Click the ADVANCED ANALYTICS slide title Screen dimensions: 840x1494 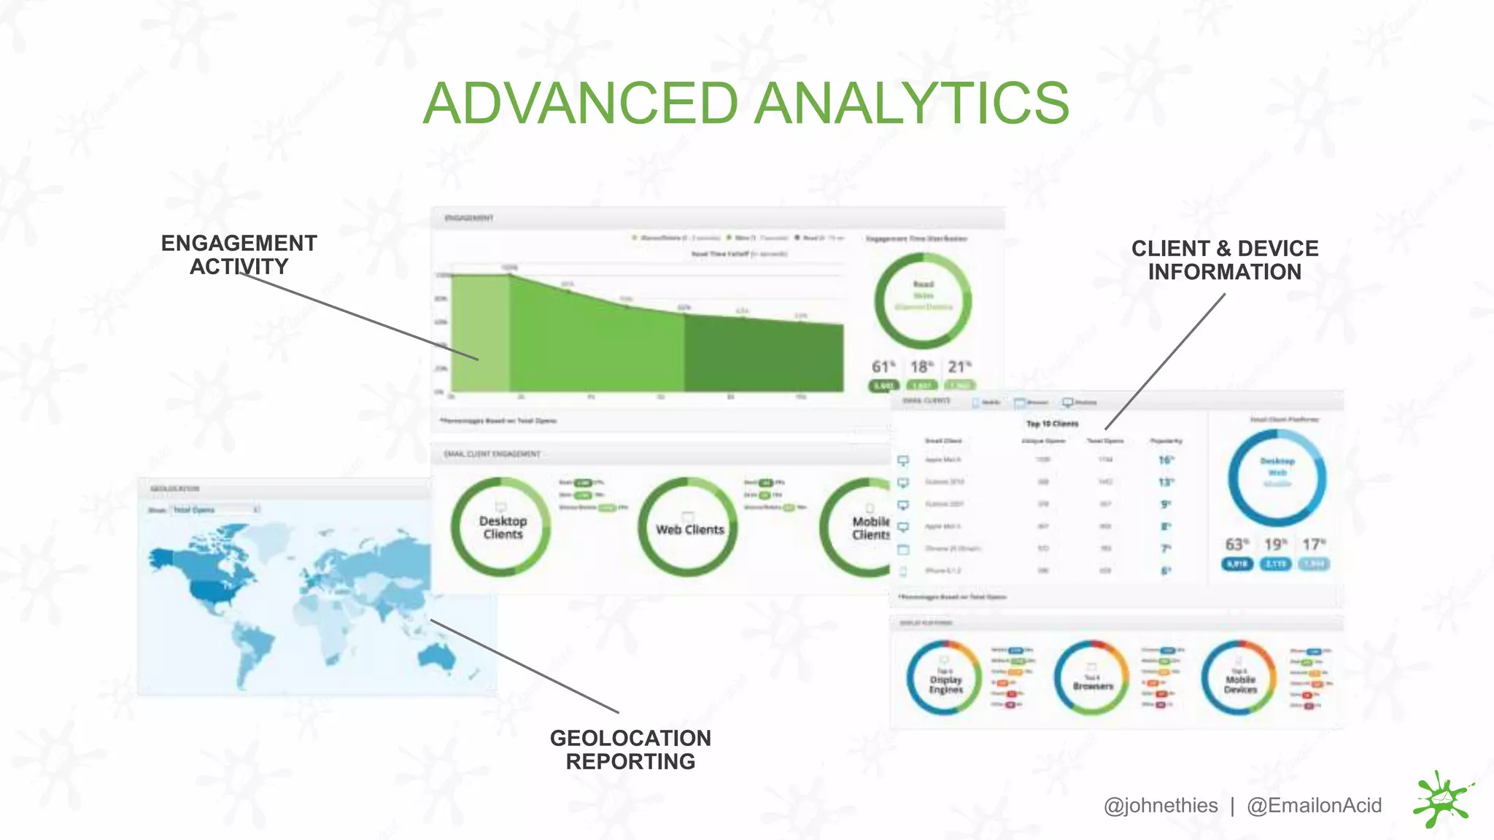pyautogui.click(x=746, y=103)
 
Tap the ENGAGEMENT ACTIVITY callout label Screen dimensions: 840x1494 pyautogui.click(x=239, y=254)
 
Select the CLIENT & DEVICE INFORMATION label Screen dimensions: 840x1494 pyautogui.click(x=1225, y=260)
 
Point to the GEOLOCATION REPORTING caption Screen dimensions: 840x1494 pyautogui.click(x=630, y=750)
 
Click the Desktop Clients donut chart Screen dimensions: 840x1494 pyautogui.click(x=501, y=527)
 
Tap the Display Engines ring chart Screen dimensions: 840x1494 pyautogui.click(x=945, y=679)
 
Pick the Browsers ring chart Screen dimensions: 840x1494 pyautogui.click(x=1092, y=679)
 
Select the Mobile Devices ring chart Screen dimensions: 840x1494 pyautogui.click(x=1239, y=679)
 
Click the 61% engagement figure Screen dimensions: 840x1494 pyautogui.click(x=883, y=367)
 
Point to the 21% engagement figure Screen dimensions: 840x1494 pyautogui.click(x=959, y=367)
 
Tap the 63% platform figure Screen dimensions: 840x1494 pyautogui.click(x=1236, y=545)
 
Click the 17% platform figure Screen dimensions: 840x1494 pyautogui.click(x=1314, y=545)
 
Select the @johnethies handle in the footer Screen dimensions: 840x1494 pyautogui.click(x=1160, y=806)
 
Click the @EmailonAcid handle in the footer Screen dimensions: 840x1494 pyautogui.click(x=1314, y=806)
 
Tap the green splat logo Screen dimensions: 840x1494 pyautogui.click(x=1442, y=800)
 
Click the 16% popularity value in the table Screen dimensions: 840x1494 pyautogui.click(x=1166, y=460)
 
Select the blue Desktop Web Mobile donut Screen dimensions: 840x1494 pyautogui.click(x=1277, y=478)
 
